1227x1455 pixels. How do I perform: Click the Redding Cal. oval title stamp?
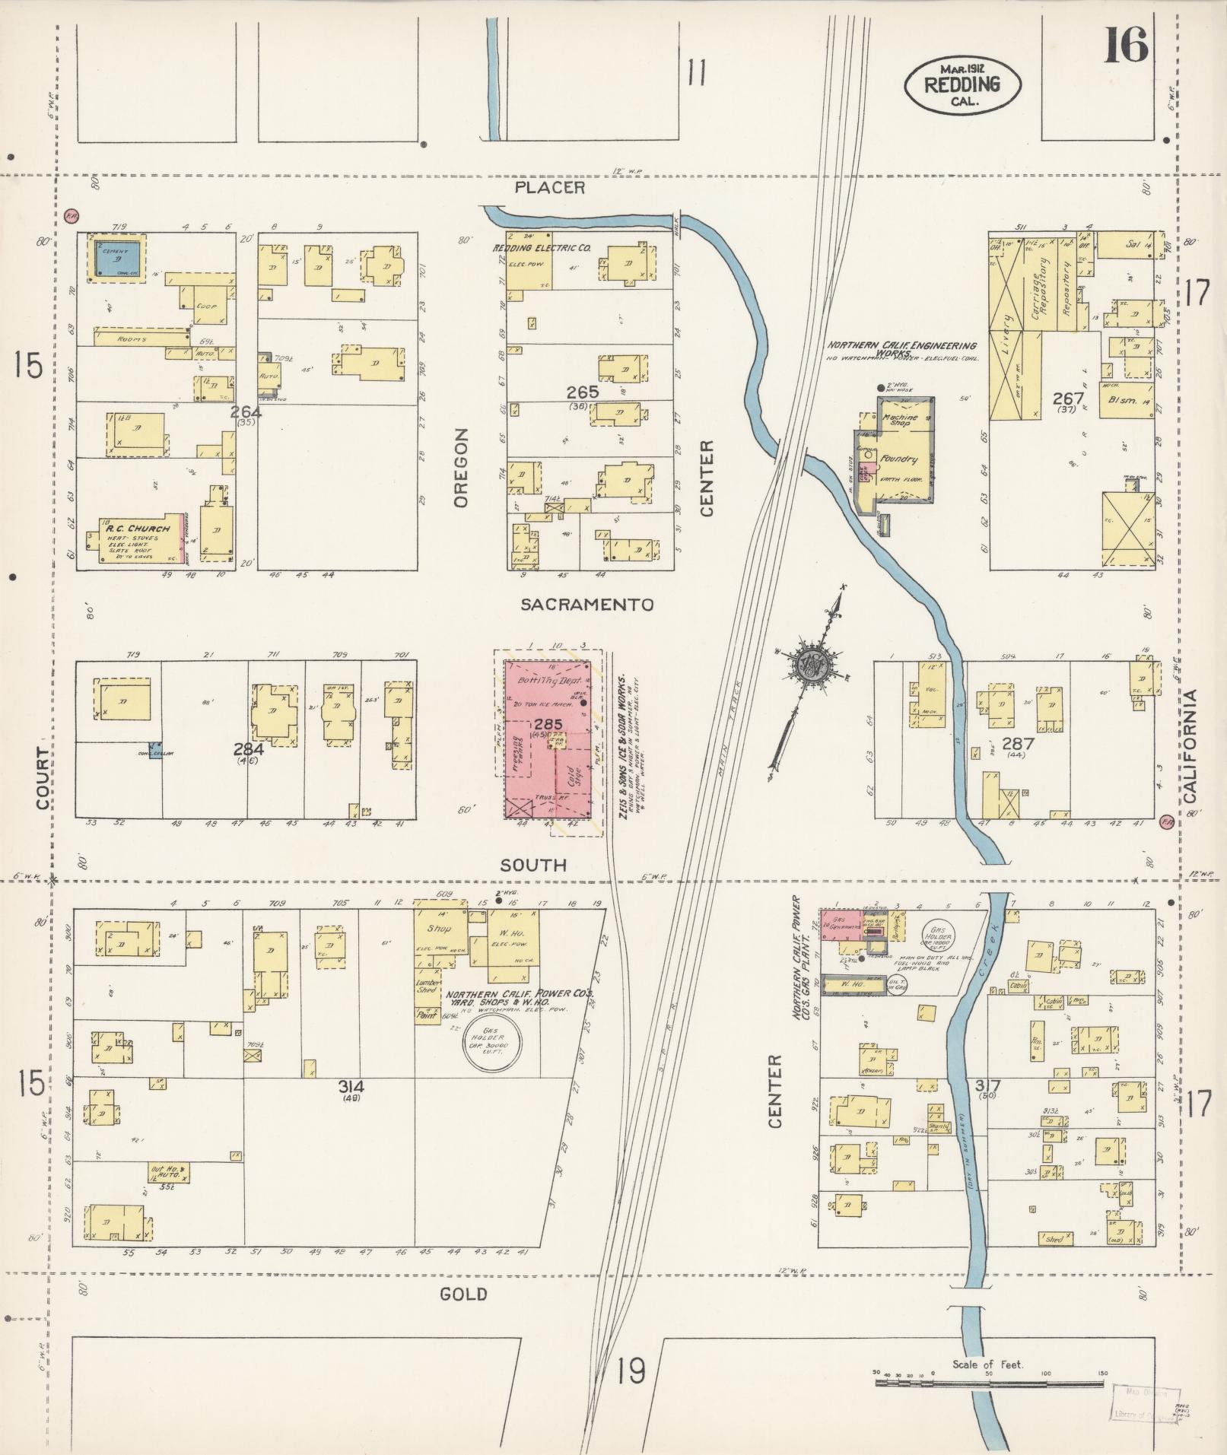[x=962, y=86]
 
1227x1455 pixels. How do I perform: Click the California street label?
[x=1190, y=746]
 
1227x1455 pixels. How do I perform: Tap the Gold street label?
[x=463, y=1294]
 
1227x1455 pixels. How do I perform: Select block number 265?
[x=582, y=392]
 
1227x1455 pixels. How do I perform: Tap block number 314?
[x=351, y=1087]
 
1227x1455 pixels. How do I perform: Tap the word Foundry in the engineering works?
[x=901, y=459]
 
